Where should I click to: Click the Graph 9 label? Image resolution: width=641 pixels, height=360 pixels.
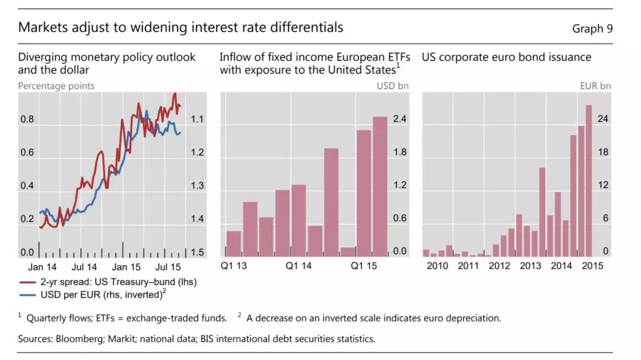[592, 28]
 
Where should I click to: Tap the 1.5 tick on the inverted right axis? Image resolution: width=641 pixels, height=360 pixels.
[197, 253]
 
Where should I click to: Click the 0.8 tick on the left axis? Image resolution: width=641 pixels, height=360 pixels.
[27, 119]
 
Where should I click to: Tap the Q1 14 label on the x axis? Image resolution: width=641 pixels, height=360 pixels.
[299, 266]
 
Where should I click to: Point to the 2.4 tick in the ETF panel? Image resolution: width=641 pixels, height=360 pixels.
[399, 119]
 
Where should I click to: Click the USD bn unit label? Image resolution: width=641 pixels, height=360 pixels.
[393, 86]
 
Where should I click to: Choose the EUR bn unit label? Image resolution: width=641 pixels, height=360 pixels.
[595, 86]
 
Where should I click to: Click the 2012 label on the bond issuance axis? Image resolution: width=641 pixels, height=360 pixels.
[499, 266]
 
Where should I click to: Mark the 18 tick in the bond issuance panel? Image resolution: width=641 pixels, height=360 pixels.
[603, 152]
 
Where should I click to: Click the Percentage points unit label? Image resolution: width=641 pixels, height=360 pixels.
[56, 86]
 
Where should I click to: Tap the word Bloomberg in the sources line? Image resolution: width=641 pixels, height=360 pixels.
[79, 339]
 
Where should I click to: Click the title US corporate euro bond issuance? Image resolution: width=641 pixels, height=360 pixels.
[506, 58]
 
